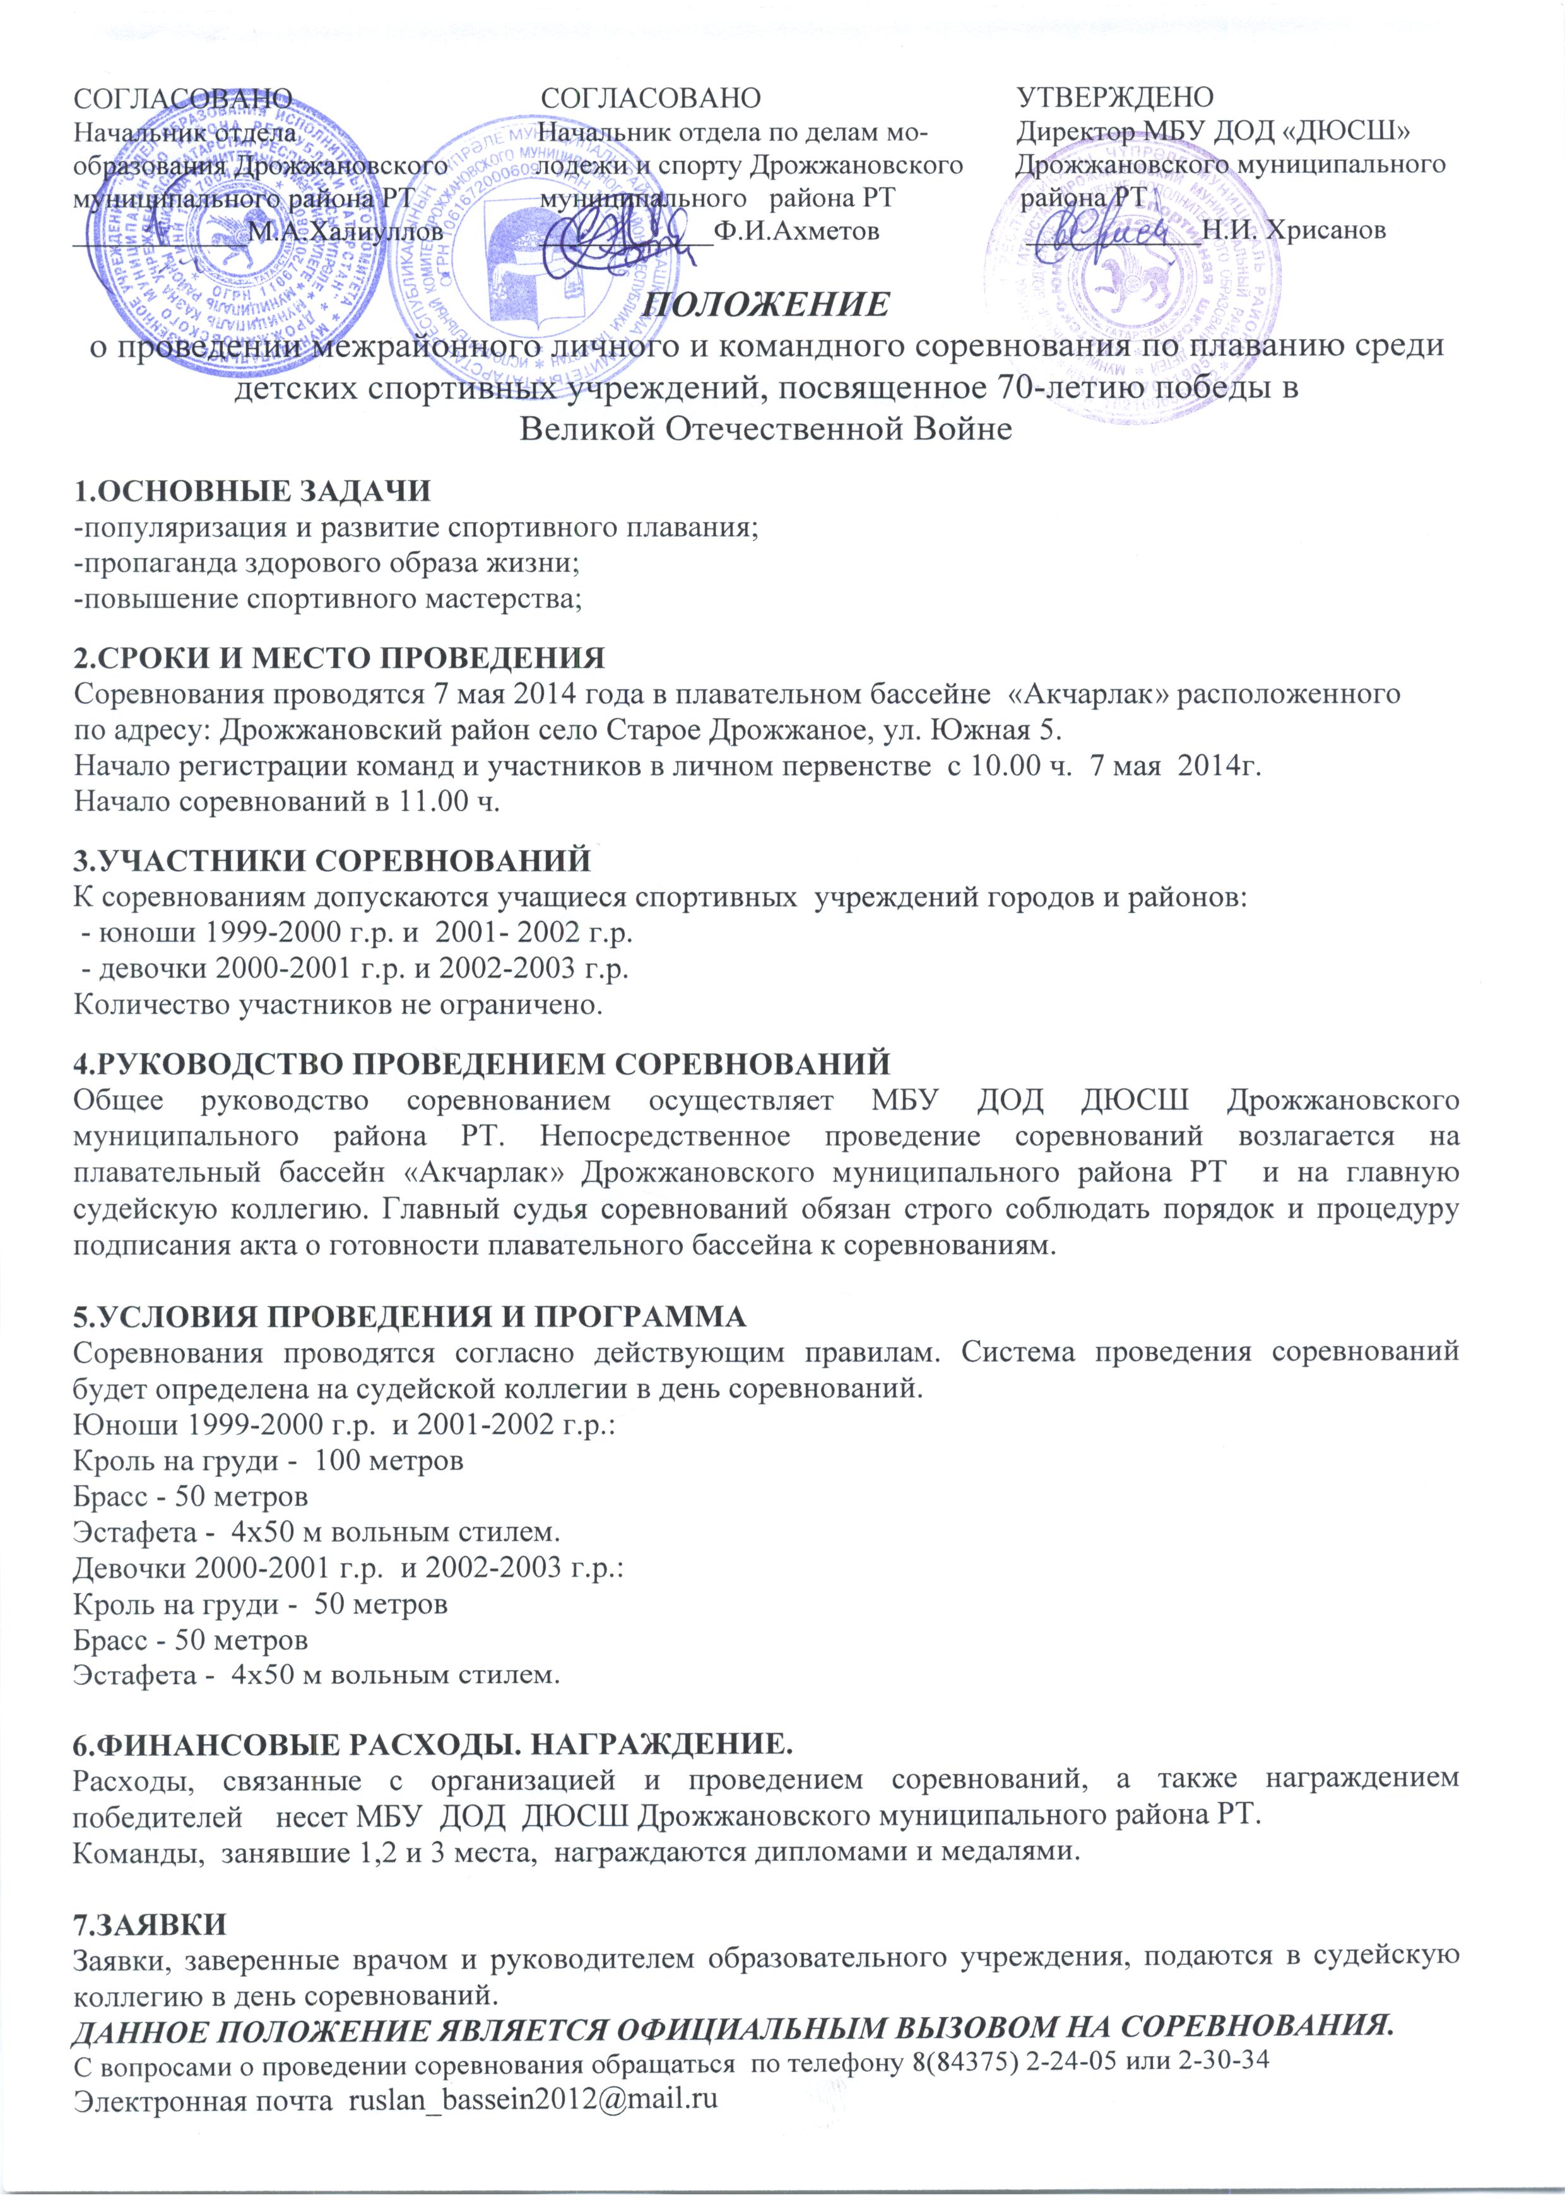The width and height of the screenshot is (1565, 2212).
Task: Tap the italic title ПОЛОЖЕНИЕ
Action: pos(766,305)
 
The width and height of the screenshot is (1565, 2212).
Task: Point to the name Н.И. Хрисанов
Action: pos(1294,230)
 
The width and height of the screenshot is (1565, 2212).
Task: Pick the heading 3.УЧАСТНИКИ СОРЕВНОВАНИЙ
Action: pos(333,859)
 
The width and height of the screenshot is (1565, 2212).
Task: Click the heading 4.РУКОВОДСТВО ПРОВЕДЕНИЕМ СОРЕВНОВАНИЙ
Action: pos(482,1065)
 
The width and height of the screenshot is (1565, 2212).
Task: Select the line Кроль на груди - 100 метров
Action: pos(269,1461)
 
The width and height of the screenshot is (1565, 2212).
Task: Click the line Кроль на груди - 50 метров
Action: pos(260,1605)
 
